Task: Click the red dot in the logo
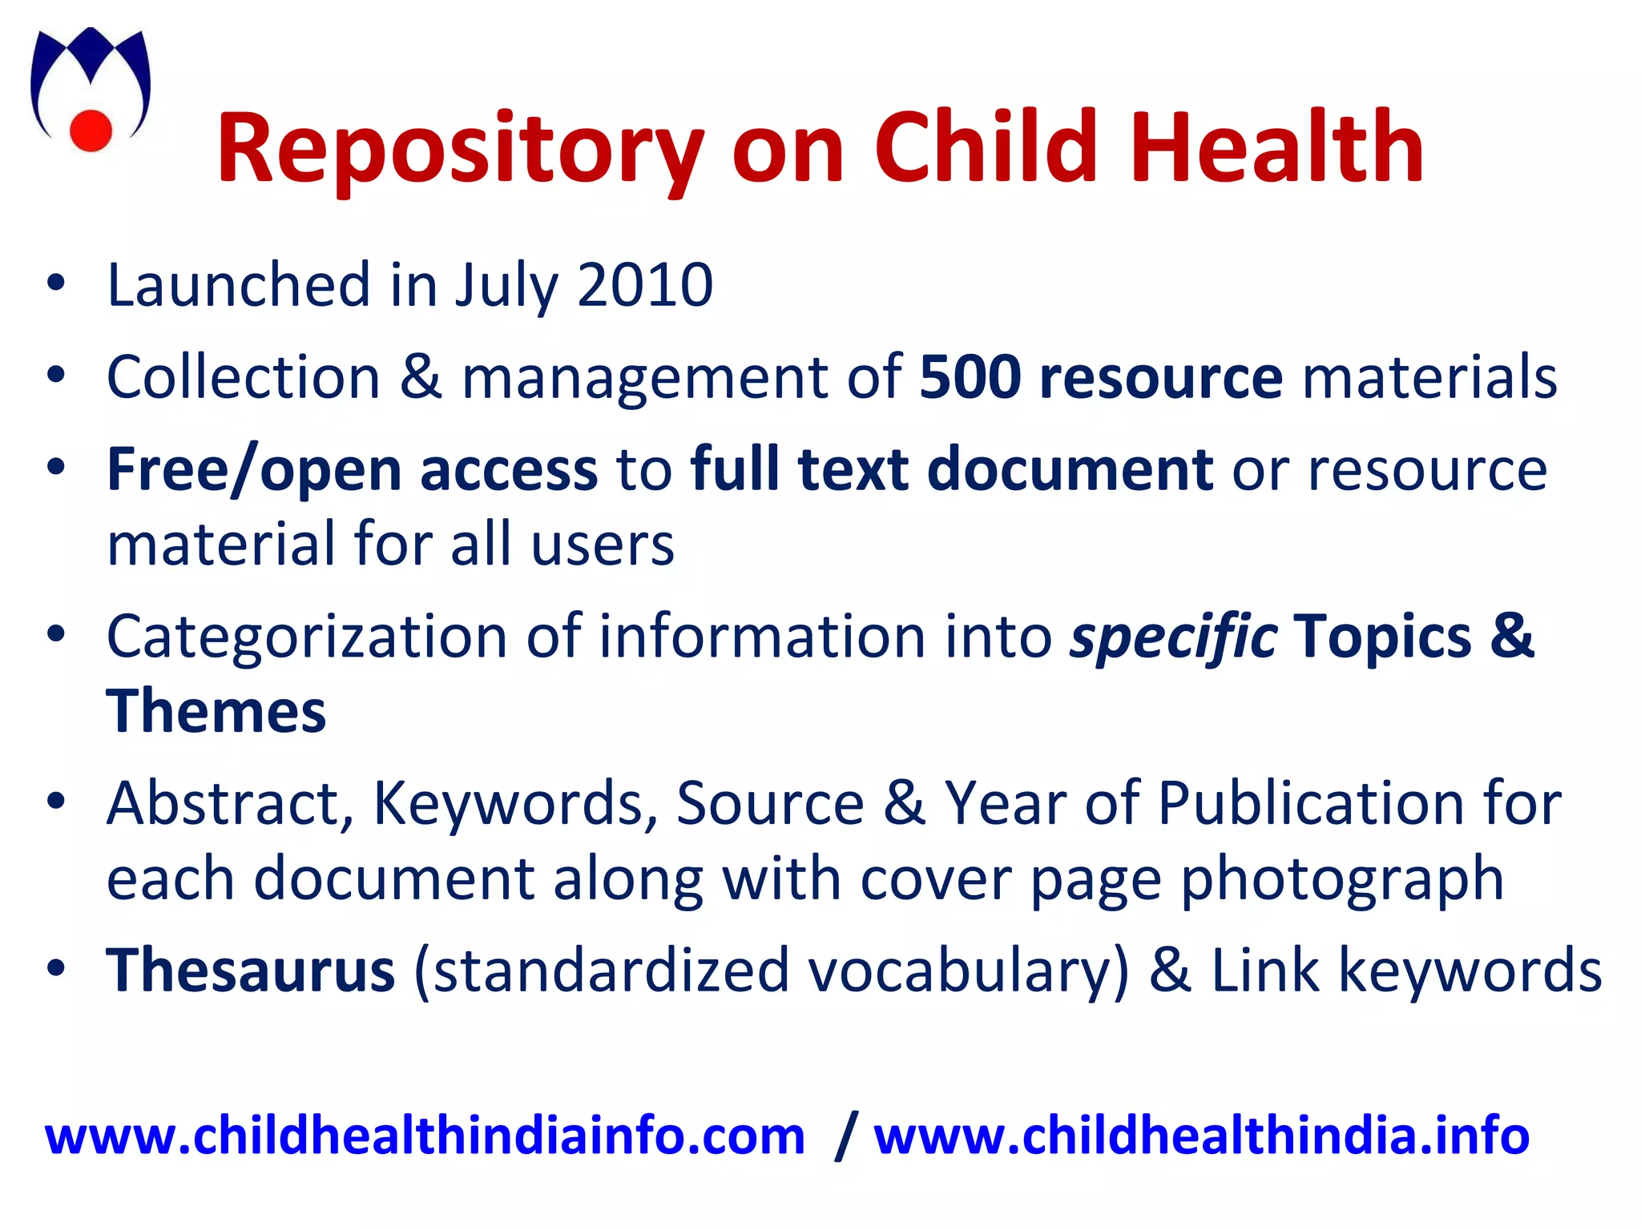tap(91, 130)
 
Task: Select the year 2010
tap(645, 285)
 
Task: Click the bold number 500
tap(970, 377)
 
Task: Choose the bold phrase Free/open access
tap(352, 470)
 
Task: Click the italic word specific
tap(1173, 638)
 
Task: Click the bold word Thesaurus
tap(251, 971)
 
